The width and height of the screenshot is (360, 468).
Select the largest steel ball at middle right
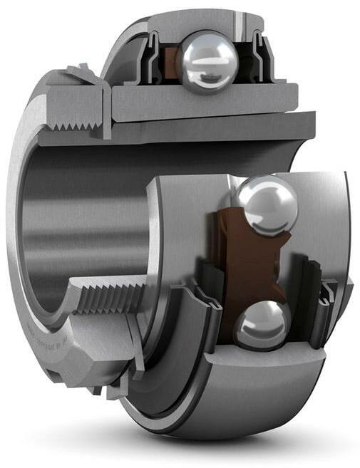coord(266,205)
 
